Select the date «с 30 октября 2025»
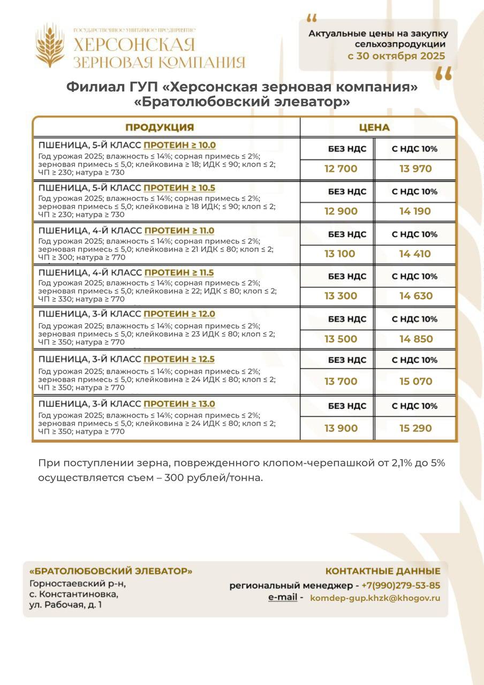(x=396, y=56)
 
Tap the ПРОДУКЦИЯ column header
(x=160, y=127)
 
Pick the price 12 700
(x=341, y=169)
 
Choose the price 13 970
(x=415, y=169)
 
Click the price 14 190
(x=415, y=211)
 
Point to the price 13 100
(x=340, y=254)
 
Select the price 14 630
(x=415, y=296)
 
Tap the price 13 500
(x=341, y=339)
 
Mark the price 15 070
(x=415, y=382)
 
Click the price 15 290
(x=415, y=428)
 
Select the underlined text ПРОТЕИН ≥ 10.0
(x=180, y=146)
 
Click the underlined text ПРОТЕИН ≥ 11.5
(x=179, y=273)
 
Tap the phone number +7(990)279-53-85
(x=401, y=585)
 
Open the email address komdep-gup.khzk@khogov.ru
(x=375, y=598)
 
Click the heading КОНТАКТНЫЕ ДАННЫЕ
(x=383, y=571)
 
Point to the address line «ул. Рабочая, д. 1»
(x=65, y=605)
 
